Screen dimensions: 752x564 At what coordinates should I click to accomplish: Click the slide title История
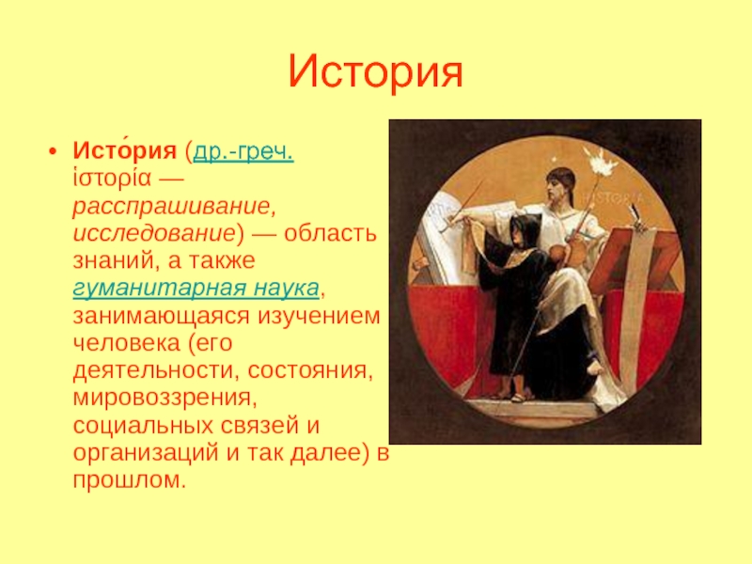pos(375,72)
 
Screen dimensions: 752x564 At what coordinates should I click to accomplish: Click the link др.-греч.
pos(243,151)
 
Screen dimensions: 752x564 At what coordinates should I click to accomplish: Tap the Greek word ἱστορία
pos(112,179)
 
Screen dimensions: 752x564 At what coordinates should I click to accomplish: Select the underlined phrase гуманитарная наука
pos(196,288)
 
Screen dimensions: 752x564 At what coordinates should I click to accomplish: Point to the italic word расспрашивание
pos(173,206)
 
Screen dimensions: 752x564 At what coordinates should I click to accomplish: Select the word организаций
pos(146,453)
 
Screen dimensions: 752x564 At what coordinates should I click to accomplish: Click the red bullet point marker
pos(53,152)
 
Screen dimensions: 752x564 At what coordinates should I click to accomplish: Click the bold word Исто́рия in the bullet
pos(125,150)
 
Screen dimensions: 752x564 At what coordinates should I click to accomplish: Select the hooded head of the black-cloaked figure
pos(525,228)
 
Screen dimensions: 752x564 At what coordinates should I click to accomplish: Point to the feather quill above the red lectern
pos(636,216)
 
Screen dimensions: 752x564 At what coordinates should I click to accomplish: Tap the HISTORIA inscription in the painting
pos(613,196)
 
